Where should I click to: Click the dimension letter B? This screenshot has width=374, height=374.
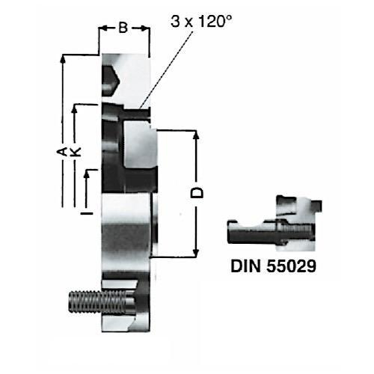point(124,28)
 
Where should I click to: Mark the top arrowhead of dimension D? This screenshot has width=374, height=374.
point(197,134)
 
